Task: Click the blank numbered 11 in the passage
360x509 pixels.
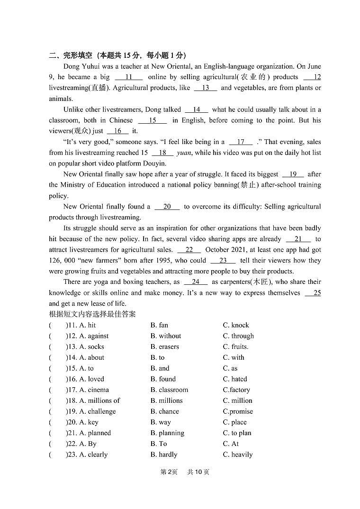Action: point(128,77)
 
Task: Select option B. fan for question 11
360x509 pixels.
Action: point(159,325)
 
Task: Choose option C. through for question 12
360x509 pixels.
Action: point(238,336)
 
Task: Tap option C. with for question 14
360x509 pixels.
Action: point(234,358)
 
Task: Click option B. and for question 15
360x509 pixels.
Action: point(160,368)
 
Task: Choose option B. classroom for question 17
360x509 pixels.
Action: point(169,390)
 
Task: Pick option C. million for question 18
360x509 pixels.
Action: point(237,401)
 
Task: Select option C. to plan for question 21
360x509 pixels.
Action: point(237,433)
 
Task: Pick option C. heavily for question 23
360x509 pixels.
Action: point(238,455)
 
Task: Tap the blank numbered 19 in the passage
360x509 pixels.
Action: point(293,174)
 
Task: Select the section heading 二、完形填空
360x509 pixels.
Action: point(71,55)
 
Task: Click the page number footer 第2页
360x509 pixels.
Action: point(169,472)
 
